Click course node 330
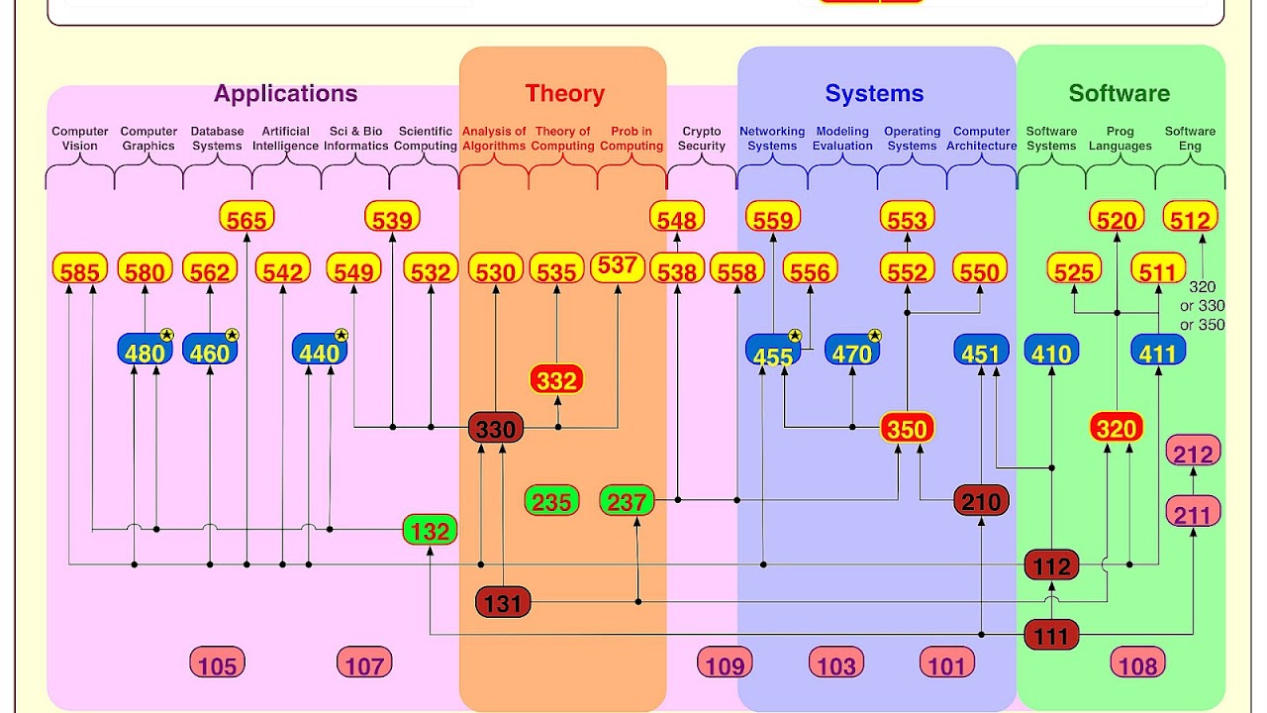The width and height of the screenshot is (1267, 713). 496,429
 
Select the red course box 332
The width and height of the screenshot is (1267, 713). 556,379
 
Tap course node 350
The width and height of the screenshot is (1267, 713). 908,429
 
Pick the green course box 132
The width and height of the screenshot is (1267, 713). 430,530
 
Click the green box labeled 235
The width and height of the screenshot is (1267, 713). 551,501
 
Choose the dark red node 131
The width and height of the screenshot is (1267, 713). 503,602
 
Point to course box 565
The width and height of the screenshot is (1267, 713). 246,217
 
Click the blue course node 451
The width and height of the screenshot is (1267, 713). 981,351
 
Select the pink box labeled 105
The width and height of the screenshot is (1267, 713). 218,662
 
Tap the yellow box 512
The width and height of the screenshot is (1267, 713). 1190,217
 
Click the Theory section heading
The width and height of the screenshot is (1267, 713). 564,94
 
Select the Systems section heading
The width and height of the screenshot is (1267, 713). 874,94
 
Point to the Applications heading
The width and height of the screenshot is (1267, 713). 285,94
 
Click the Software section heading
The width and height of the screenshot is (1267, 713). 1119,94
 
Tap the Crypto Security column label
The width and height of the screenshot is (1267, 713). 701,139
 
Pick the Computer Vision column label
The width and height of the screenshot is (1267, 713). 80,139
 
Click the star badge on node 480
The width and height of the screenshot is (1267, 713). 166,336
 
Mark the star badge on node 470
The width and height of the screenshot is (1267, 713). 874,336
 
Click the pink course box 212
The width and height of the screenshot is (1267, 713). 1193,452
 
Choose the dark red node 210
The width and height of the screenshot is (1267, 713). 981,501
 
